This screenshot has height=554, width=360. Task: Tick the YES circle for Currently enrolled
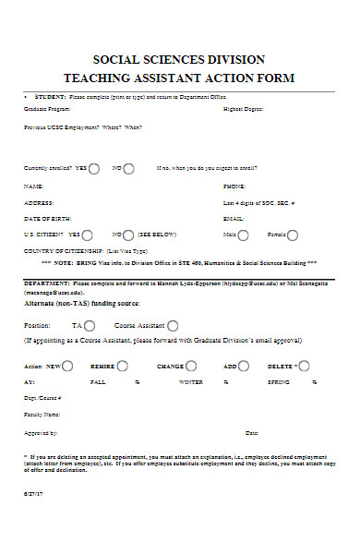point(94,168)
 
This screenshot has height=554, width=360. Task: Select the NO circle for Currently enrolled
point(128,168)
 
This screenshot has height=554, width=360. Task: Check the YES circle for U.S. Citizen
point(88,235)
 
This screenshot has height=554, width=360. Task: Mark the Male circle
point(243,235)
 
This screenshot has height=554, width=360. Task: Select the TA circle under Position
point(90,325)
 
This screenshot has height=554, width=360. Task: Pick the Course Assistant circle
point(173,325)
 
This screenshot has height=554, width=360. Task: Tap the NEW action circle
point(67,366)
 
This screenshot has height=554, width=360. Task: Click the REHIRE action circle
point(123,366)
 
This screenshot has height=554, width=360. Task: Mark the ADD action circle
point(245,366)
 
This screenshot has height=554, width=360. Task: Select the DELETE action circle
point(301,366)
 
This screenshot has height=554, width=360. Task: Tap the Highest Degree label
point(243,109)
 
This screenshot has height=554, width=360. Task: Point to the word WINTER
point(191,381)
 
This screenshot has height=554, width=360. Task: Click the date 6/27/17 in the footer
point(32,494)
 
